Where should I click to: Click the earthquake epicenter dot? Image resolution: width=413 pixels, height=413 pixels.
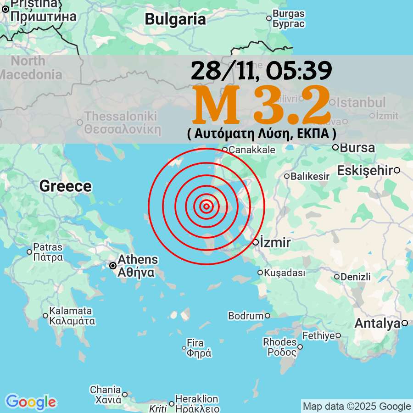tap(206, 206)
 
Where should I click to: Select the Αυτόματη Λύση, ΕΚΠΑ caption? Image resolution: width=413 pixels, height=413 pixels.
tap(262, 134)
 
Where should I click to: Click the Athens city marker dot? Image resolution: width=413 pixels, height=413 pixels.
tap(112, 265)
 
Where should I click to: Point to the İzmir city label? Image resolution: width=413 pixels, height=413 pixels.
tap(275, 242)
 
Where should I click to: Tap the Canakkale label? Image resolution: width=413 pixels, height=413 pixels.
tap(252, 150)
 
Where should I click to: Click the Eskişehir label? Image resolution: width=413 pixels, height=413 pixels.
tap(365, 170)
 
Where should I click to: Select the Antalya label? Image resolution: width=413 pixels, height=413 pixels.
tap(378, 324)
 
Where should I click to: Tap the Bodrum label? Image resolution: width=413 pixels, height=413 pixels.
tap(246, 316)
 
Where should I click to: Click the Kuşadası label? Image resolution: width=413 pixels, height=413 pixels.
tap(285, 273)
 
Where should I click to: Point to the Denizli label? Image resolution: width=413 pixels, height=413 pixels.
tap(356, 277)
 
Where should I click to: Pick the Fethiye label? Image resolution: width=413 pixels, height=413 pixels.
tap(318, 335)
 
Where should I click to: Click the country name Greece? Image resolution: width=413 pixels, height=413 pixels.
tap(65, 186)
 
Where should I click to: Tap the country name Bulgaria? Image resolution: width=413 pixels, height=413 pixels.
tap(175, 19)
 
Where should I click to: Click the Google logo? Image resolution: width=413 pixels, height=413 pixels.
tap(31, 402)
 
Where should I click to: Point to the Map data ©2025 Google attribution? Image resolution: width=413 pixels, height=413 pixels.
tap(357, 406)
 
